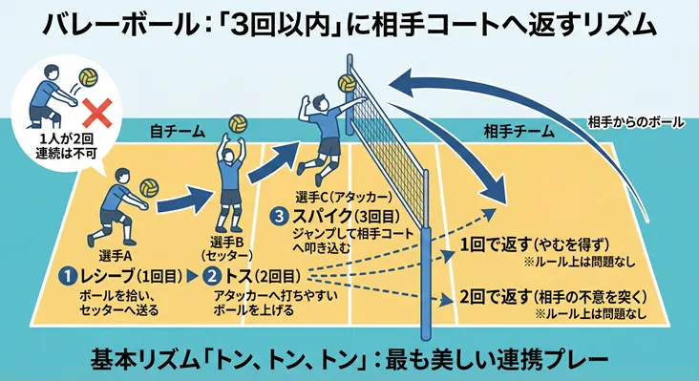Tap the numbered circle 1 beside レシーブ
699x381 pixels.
tap(68, 276)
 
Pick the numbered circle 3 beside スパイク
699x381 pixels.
tap(278, 217)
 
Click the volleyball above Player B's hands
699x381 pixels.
tap(237, 124)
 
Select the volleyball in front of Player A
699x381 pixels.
tap(149, 187)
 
